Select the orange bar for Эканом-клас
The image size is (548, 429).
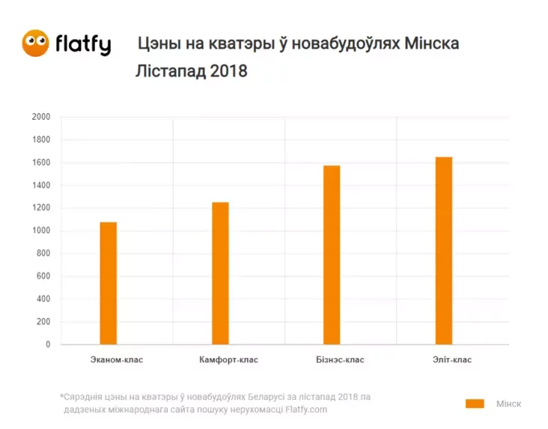[x=108, y=283]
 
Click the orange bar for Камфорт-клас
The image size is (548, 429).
[x=220, y=273]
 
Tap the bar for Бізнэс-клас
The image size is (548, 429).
[x=332, y=255]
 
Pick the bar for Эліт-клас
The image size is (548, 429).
[x=444, y=251]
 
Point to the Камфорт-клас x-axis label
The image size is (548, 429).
[x=228, y=359]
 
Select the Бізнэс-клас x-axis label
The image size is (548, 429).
[x=340, y=359]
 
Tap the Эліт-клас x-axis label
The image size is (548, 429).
[x=452, y=359]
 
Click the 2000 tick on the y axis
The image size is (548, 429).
[x=40, y=118]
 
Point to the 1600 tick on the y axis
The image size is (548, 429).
[x=40, y=162]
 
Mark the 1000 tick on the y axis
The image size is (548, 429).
[x=40, y=231]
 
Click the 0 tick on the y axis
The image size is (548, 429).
[x=48, y=345]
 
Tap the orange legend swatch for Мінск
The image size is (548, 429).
[x=475, y=404]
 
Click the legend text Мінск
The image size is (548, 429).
[x=508, y=404]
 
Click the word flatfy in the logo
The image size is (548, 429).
[x=82, y=45]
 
